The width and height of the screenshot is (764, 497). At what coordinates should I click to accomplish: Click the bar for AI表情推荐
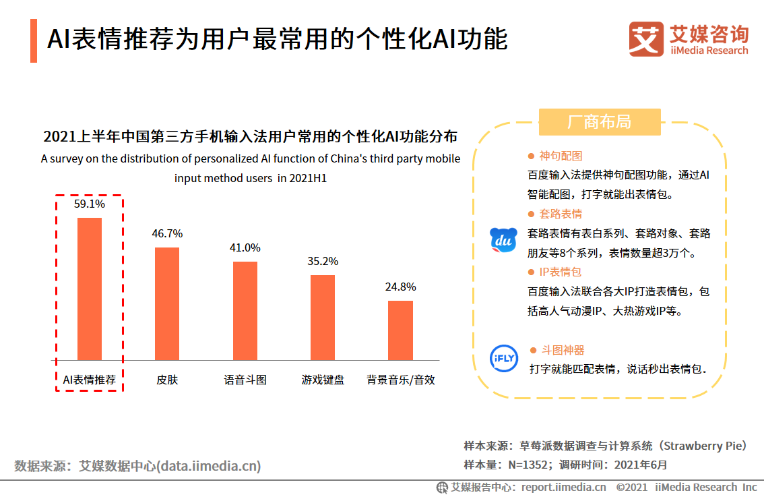90,289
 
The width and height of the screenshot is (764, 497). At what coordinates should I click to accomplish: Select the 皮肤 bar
167,303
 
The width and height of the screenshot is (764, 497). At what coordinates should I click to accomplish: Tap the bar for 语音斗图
245,310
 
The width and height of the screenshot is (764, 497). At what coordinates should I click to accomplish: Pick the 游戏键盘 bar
323,317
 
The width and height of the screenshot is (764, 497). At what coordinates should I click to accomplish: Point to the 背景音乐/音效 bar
400,330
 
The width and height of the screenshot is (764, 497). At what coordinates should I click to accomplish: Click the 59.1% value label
90,204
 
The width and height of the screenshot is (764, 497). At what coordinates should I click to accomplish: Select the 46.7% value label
167,234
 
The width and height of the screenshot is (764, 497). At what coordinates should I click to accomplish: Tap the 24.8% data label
400,287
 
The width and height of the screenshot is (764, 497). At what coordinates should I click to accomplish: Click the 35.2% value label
323,261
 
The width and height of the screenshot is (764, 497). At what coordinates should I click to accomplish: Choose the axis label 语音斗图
245,380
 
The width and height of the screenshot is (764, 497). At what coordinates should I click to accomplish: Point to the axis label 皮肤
167,380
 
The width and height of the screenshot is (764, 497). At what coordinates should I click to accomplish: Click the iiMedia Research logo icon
645,38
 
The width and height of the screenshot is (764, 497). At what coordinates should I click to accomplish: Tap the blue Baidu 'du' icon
503,240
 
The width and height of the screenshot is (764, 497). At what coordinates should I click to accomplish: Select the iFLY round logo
503,358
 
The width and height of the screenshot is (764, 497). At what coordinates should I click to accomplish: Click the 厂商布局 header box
600,122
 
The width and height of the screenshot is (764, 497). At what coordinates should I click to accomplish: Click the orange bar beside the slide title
34,40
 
